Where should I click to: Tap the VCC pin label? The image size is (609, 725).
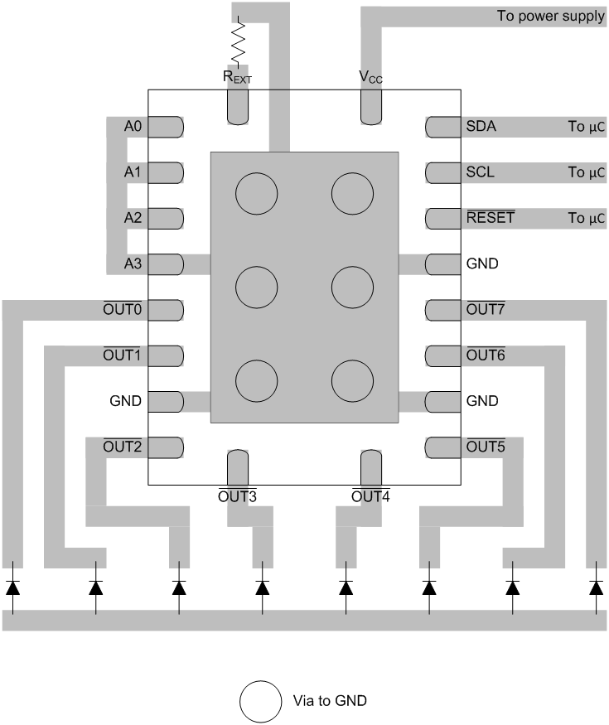coord(370,77)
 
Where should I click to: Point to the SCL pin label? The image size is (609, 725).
coord(479,172)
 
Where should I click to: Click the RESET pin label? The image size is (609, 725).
coord(490,218)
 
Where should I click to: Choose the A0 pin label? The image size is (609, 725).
coord(133,127)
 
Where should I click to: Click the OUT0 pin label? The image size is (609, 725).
coord(123,310)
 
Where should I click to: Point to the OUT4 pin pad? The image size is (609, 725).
coord(370,466)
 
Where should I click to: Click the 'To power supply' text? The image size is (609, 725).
coord(550,16)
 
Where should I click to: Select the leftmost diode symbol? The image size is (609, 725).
coord(12,587)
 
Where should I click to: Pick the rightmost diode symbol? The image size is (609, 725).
coord(596,587)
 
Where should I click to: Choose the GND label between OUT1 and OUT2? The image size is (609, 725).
coord(125,401)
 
